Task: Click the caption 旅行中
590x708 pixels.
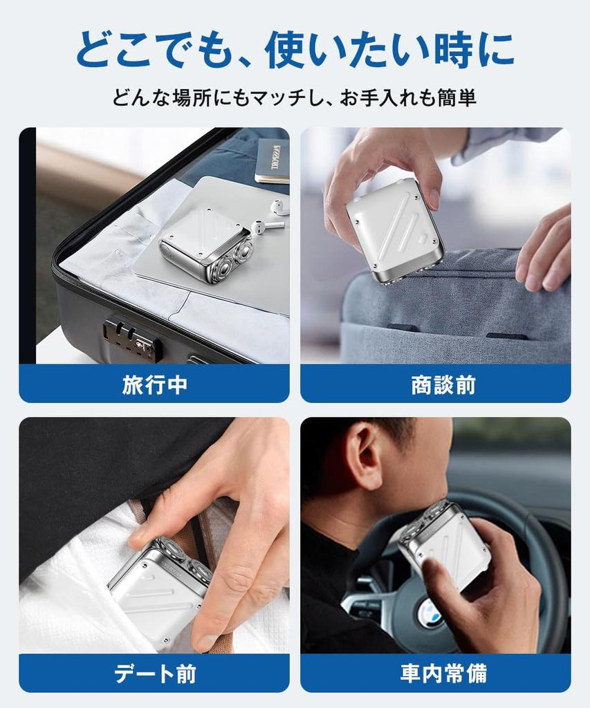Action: click(x=154, y=384)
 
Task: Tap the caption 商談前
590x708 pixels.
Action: click(x=443, y=384)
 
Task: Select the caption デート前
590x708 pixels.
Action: click(x=154, y=673)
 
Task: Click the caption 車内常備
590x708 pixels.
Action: click(x=443, y=673)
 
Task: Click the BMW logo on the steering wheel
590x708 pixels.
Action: click(x=429, y=613)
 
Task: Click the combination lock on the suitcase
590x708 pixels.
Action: click(x=131, y=337)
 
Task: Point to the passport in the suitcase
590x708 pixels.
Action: click(x=272, y=160)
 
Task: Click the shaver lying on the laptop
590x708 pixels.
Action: click(x=206, y=245)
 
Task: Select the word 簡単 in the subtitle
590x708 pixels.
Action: click(x=457, y=97)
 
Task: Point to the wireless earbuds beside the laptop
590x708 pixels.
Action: click(x=274, y=216)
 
